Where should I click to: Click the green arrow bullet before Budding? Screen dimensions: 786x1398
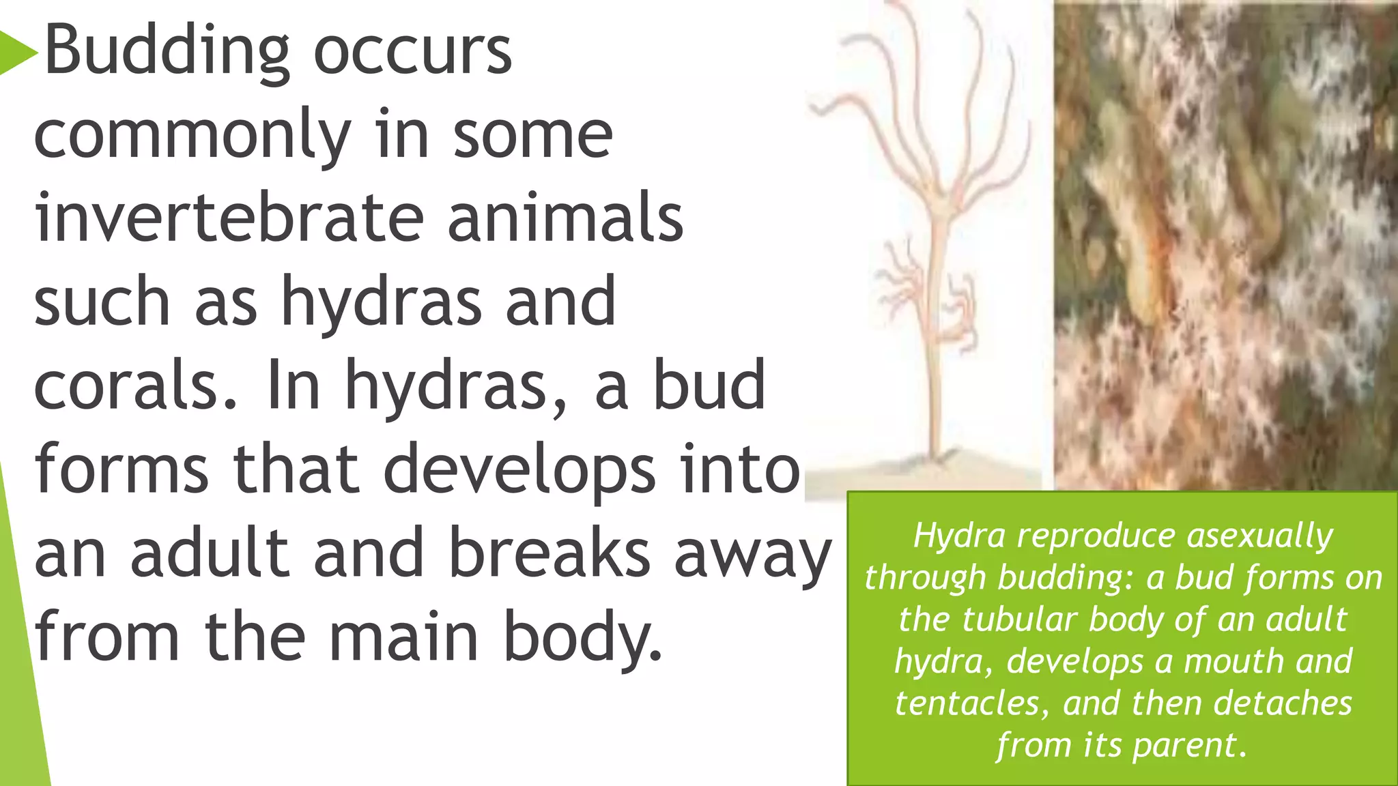coord(18,52)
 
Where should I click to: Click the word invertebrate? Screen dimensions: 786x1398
coord(229,218)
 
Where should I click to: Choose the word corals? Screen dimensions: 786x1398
coord(135,386)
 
